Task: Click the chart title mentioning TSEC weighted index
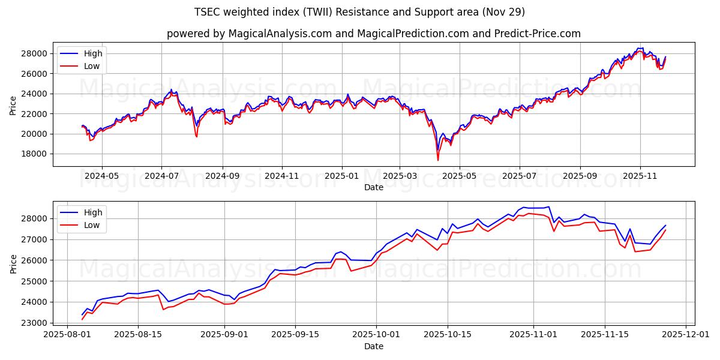pyautogui.click(x=359, y=12)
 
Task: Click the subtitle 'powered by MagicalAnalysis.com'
pyautogui.click(x=373, y=34)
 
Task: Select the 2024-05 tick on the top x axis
pyautogui.click(x=101, y=176)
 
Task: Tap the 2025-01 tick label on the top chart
pyautogui.click(x=342, y=176)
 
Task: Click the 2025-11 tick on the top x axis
pyautogui.click(x=640, y=176)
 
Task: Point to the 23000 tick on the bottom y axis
pyautogui.click(x=35, y=323)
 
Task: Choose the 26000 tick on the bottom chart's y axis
pyautogui.click(x=35, y=260)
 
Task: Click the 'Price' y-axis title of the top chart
pyautogui.click(x=13, y=105)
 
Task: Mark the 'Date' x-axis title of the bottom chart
pyautogui.click(x=373, y=346)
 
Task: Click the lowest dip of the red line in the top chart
pyautogui.click(x=438, y=160)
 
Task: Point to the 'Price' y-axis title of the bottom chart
pyautogui.click(x=13, y=264)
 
